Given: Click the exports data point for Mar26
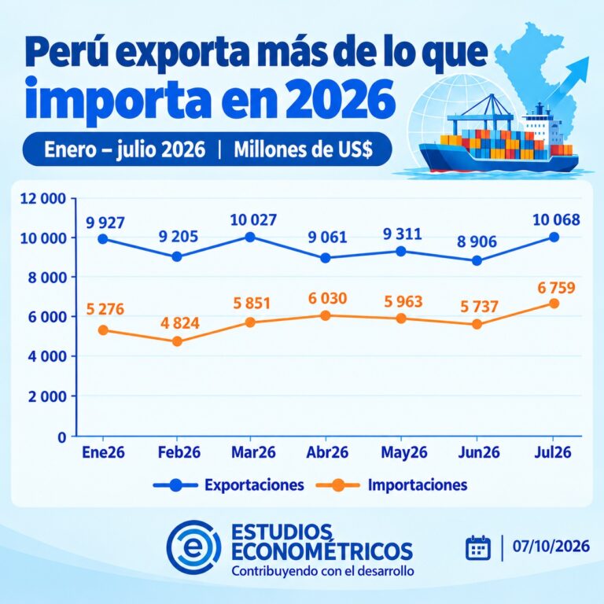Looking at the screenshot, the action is (250, 237).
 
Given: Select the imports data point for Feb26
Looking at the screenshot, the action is (177, 341).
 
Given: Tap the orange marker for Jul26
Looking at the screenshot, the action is (554, 304).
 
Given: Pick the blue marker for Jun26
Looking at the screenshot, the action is (477, 261).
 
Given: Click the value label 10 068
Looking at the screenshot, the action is (556, 220).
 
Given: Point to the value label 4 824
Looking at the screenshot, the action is (180, 323).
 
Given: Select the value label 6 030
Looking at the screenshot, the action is (327, 299).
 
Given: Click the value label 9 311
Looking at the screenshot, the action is (402, 234).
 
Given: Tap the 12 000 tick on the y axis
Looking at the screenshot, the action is (42, 199).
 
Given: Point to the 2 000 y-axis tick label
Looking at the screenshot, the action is (47, 396).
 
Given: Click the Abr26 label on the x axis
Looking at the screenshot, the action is (327, 452).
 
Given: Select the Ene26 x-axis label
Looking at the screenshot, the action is (103, 452).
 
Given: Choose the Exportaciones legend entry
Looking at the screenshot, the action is (228, 485).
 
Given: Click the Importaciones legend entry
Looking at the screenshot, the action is (392, 485).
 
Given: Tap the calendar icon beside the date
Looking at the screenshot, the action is (478, 547).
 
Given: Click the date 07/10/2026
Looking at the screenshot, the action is (551, 547).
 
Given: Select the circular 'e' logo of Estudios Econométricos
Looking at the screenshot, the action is (193, 547).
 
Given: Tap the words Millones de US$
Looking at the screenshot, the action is (303, 149).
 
